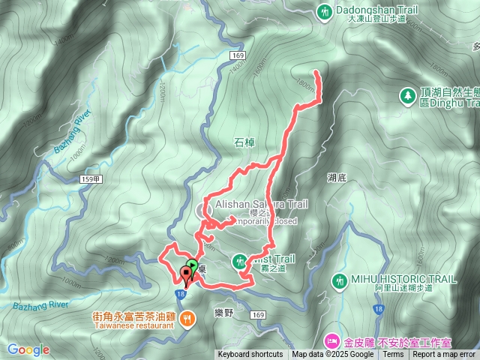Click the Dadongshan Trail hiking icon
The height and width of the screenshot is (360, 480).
324,11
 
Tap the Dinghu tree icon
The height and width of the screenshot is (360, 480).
407,96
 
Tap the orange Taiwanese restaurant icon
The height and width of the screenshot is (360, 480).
187,317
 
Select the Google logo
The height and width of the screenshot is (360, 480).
28,349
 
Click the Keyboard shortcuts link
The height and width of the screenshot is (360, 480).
250,355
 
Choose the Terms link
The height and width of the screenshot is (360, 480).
393,355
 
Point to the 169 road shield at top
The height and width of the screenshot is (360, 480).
238,56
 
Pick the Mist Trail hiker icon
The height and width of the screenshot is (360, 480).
240,260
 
